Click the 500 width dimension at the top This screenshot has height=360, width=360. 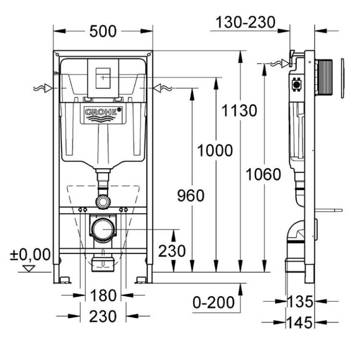pyautogui.click(x=103, y=31)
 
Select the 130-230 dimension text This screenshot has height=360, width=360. pyautogui.click(x=245, y=22)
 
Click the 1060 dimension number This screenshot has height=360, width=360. pyautogui.click(x=263, y=175)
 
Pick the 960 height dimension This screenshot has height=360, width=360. pyautogui.click(x=190, y=195)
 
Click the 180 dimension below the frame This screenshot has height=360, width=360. pyautogui.click(x=103, y=296)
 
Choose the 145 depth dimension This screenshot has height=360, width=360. pyautogui.click(x=300, y=322)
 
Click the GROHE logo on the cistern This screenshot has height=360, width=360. pyautogui.click(x=102, y=113)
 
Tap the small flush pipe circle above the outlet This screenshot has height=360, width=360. pyautogui.click(x=102, y=202)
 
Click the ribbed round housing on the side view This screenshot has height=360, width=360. pyautogui.click(x=325, y=78)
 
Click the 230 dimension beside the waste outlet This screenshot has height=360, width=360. pyautogui.click(x=171, y=251)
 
